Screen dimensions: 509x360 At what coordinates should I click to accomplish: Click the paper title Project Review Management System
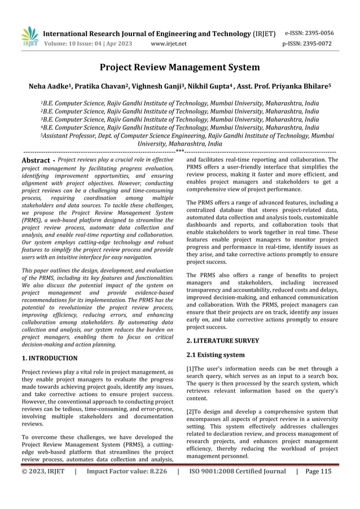(179, 68)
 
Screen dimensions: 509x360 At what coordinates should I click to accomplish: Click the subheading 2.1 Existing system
(216, 355)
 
